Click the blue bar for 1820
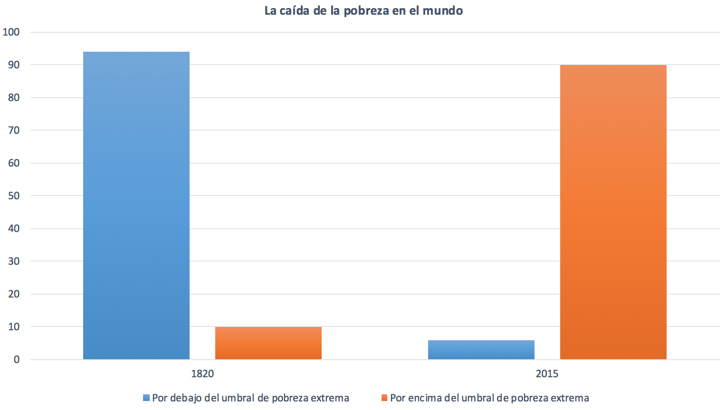[x=136, y=205]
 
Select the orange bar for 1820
[x=268, y=343]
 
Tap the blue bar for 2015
[x=481, y=350]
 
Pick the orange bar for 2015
[x=613, y=212]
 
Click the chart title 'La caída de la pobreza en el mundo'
[x=363, y=11]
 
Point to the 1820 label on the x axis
[x=202, y=374]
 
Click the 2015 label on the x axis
[x=547, y=374]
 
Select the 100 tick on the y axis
[x=11, y=32]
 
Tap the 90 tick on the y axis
[x=14, y=65]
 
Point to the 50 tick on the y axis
[x=14, y=196]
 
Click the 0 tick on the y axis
[x=17, y=360]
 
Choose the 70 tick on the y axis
[x=14, y=130]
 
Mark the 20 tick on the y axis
[x=14, y=294]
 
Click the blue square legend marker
[x=146, y=398]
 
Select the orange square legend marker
[x=384, y=398]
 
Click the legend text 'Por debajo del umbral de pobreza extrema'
[x=250, y=398]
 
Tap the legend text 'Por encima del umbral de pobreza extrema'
[x=489, y=398]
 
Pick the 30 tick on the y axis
[x=14, y=261]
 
